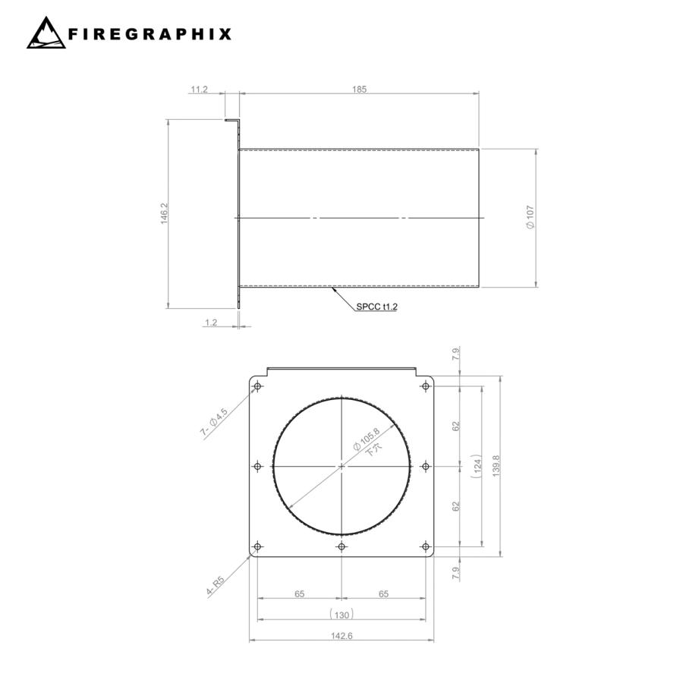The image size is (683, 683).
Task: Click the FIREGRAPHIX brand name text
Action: click(x=150, y=34)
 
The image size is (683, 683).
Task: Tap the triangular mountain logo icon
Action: click(x=46, y=34)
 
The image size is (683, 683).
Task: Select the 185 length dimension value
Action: click(x=360, y=89)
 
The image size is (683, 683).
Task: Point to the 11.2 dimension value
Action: click(x=199, y=89)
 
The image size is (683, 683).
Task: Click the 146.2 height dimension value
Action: click(x=164, y=213)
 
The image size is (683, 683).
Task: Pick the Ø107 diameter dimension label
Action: click(x=530, y=219)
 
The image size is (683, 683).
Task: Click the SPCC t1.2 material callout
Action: click(x=376, y=307)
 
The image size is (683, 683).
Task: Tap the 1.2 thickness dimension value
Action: click(x=211, y=323)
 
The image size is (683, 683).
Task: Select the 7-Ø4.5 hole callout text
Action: click(x=214, y=423)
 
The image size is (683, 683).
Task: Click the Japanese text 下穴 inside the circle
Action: click(x=373, y=449)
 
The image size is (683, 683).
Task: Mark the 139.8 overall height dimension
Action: click(x=496, y=465)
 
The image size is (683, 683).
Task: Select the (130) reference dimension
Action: click(x=341, y=614)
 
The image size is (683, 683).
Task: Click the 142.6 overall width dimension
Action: click(x=341, y=635)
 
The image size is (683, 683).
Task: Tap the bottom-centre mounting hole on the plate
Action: click(x=341, y=546)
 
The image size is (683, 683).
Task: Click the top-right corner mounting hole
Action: click(x=426, y=386)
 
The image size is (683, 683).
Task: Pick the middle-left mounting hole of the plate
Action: click(x=258, y=466)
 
